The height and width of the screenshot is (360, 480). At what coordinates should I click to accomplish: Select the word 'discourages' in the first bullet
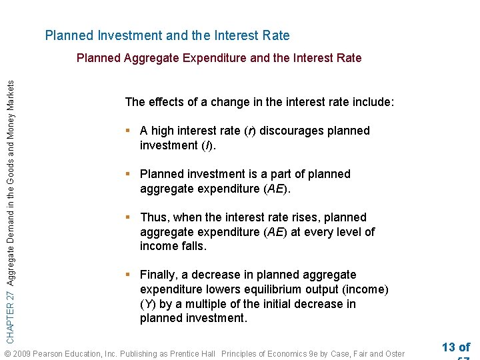click(290, 131)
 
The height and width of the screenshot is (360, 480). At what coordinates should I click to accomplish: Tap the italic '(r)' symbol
click(249, 131)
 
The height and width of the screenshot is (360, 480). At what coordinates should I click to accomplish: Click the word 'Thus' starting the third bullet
click(154, 217)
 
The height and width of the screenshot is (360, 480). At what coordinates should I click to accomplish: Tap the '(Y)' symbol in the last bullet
click(148, 304)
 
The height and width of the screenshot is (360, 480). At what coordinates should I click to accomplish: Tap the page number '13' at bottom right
click(449, 347)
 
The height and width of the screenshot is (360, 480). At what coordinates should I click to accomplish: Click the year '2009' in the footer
click(23, 353)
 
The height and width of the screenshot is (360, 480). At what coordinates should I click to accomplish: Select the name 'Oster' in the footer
click(393, 353)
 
